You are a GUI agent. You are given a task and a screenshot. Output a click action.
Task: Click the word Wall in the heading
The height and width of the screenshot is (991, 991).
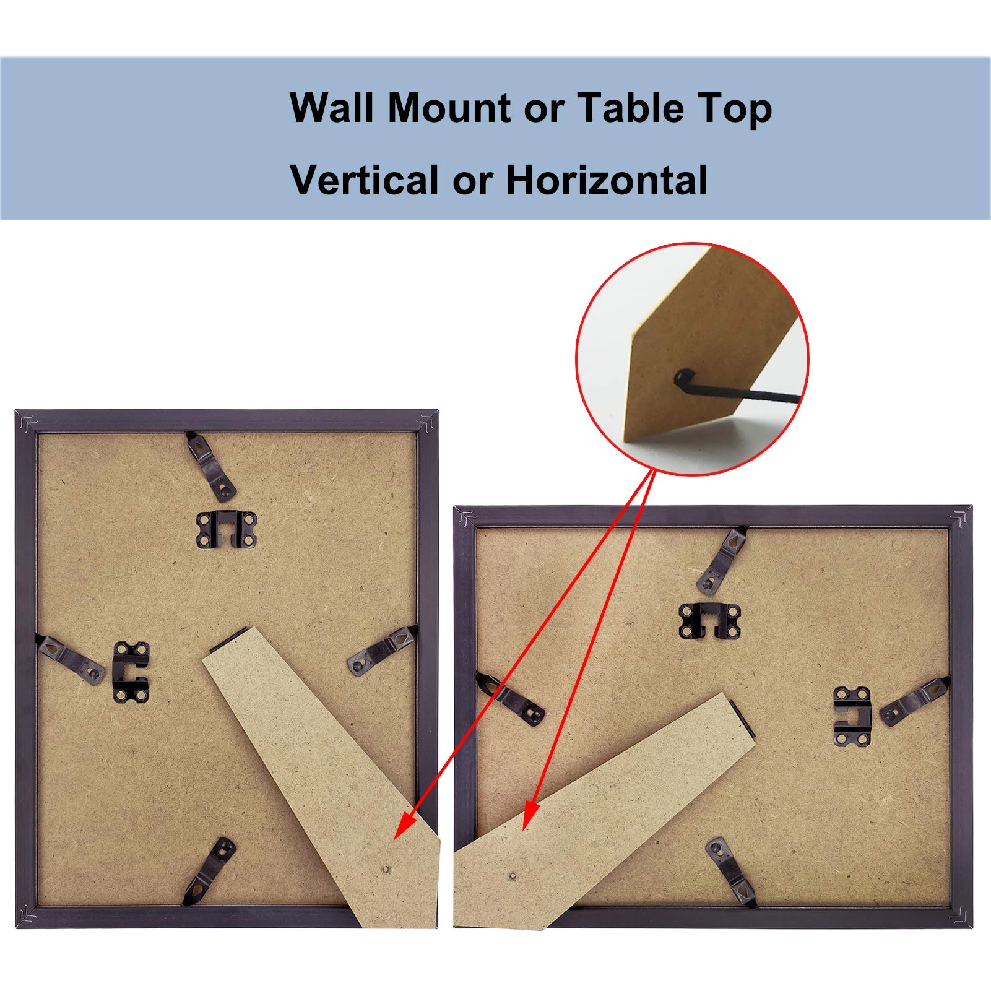(331, 108)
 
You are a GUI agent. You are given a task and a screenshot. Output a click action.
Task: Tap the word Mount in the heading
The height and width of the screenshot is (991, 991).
(450, 108)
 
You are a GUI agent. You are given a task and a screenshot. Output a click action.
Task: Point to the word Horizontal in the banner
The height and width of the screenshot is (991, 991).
(607, 180)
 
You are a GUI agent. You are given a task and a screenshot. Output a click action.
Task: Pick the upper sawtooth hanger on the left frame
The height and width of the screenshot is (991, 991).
(226, 530)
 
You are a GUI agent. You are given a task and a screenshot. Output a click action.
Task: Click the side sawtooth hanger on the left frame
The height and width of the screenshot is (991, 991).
(131, 672)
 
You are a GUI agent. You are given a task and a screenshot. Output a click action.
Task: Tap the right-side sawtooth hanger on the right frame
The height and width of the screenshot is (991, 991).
(852, 716)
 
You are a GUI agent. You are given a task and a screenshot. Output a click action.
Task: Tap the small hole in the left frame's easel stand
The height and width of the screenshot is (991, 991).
(386, 869)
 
